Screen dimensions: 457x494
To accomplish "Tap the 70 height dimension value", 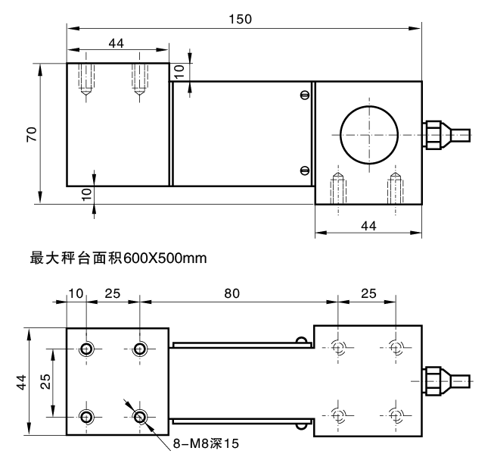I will [31, 133].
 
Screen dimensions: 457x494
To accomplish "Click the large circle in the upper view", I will [368, 133].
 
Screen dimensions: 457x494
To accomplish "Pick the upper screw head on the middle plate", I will [304, 95].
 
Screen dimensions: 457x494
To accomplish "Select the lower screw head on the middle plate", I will [304, 170].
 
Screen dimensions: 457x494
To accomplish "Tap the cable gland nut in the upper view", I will [433, 134].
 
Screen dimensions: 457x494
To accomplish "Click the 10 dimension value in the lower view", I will [76, 293].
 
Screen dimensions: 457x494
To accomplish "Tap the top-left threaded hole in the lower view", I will [87, 349].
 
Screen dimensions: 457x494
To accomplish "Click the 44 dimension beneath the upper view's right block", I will [368, 225].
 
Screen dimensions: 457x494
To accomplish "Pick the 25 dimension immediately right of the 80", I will [368, 293].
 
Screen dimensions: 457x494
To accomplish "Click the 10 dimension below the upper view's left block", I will [85, 193].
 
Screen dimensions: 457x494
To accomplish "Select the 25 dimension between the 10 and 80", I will [113, 293].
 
